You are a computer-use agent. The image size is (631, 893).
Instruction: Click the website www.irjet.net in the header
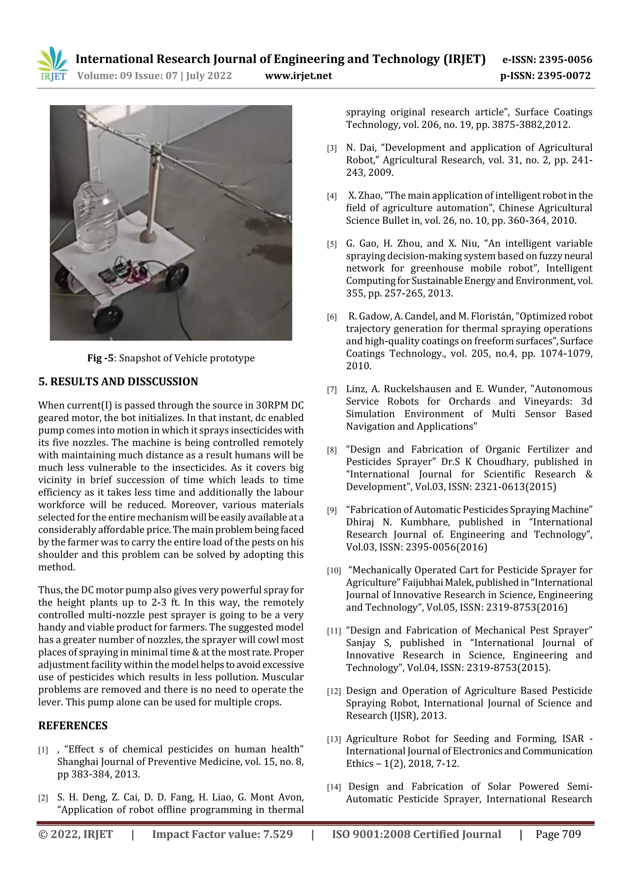point(298,76)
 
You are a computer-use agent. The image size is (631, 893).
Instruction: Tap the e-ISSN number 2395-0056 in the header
point(565,60)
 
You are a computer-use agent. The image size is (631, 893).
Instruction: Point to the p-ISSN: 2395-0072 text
point(545,76)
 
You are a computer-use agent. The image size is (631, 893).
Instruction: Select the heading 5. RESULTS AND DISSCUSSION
point(118,382)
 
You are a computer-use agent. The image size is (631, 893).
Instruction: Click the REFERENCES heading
point(73,726)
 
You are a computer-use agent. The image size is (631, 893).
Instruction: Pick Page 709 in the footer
point(558,834)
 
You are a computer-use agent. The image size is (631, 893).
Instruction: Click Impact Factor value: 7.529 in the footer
point(222,834)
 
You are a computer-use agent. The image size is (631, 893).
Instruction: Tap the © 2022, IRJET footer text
point(75,834)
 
